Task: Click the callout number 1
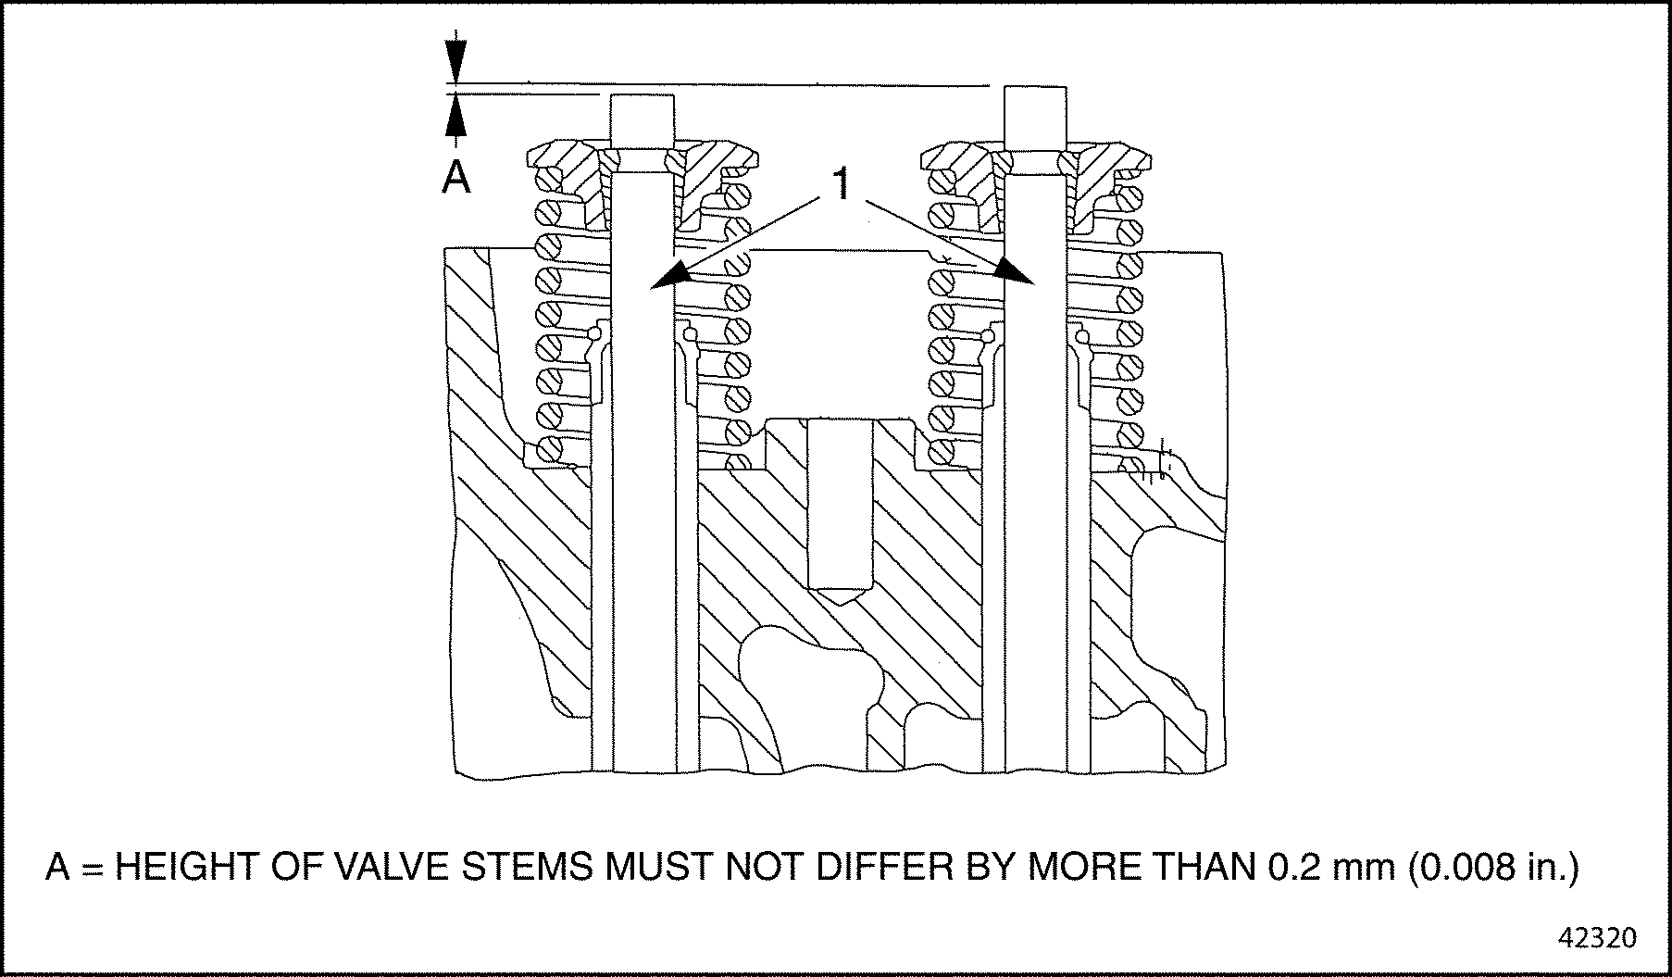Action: [842, 185]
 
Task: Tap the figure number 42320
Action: [1598, 937]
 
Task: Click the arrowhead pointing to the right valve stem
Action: [1015, 270]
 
